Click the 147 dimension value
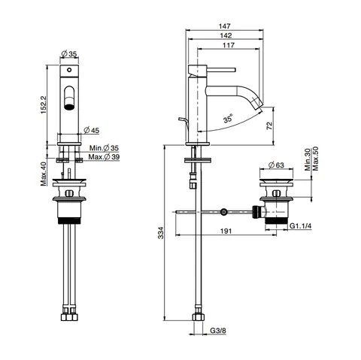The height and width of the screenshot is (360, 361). [x=224, y=26]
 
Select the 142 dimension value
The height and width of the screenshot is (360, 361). [x=226, y=35]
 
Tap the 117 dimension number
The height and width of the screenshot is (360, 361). [x=229, y=45]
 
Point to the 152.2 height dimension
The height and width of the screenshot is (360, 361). [x=44, y=104]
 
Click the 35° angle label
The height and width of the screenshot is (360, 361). [x=228, y=118]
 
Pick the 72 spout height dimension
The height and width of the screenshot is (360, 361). [x=269, y=126]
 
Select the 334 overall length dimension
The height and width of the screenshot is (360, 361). [x=161, y=233]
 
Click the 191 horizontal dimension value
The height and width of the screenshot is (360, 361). [x=226, y=231]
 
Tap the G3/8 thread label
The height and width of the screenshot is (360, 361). [x=218, y=331]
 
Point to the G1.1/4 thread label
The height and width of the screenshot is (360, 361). [x=301, y=226]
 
